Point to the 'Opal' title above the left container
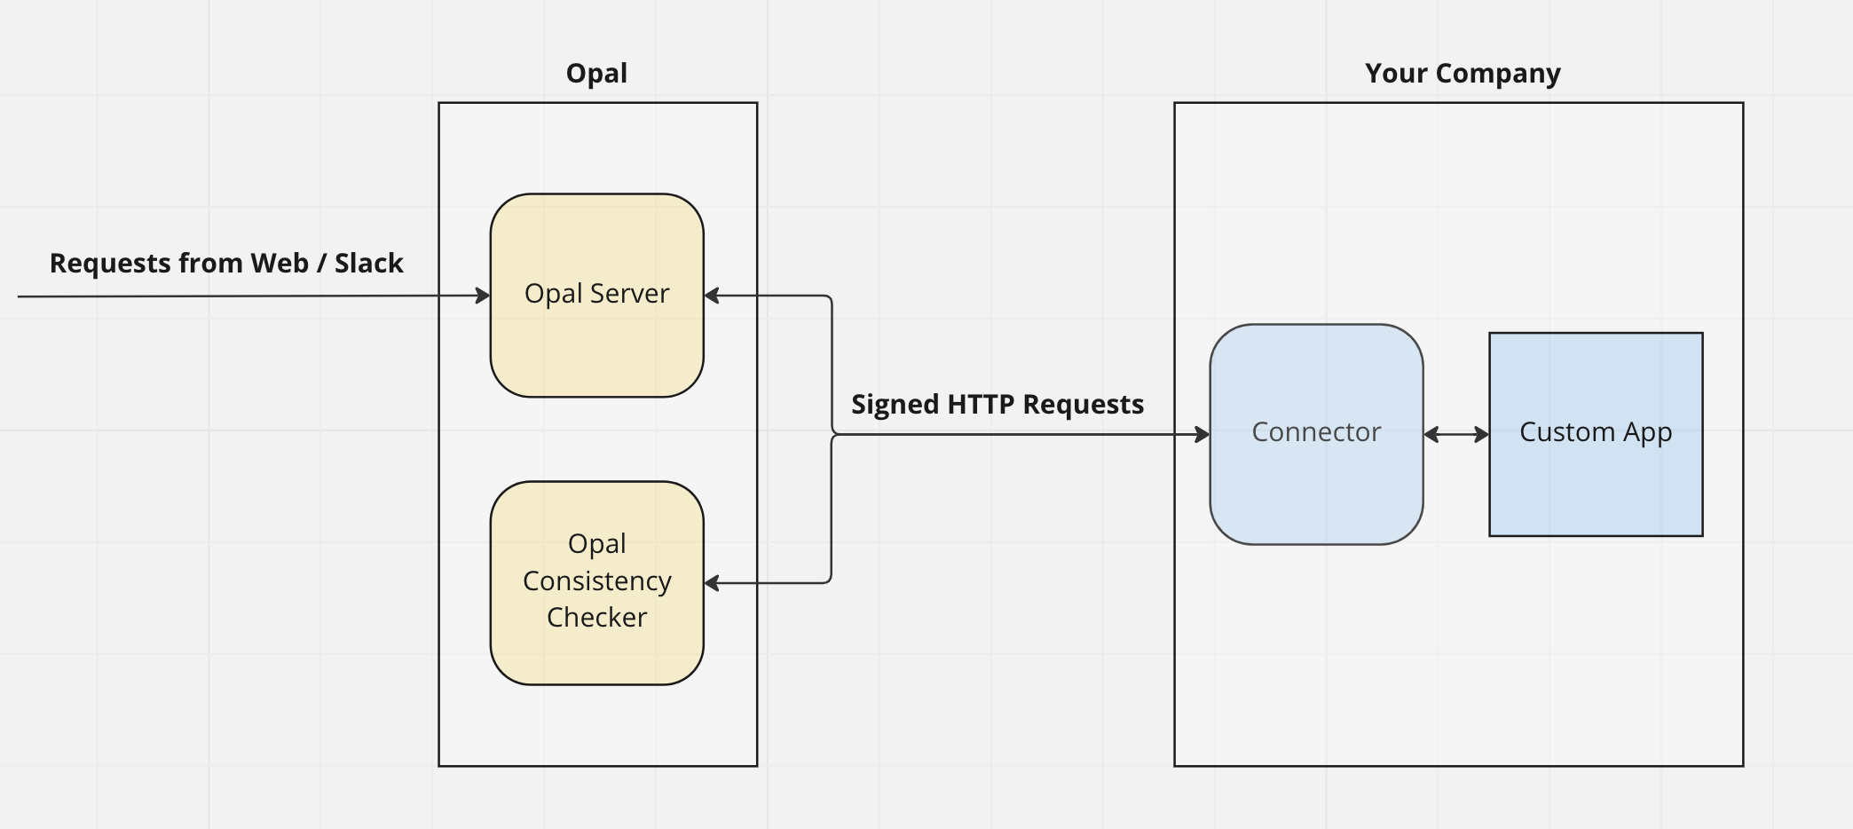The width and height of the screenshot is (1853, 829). [x=596, y=73]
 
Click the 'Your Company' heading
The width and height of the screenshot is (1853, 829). [x=1463, y=73]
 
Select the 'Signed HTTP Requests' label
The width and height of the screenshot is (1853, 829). [x=997, y=405]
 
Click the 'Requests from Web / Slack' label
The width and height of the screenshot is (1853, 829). [x=226, y=264]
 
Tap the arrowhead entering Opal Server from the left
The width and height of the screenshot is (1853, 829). [x=484, y=296]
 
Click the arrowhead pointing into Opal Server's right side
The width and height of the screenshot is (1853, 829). [x=711, y=296]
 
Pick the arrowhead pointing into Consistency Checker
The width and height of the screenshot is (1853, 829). [x=711, y=583]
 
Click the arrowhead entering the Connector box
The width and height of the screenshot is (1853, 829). [x=1202, y=434]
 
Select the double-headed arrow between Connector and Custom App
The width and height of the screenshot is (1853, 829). [x=1455, y=434]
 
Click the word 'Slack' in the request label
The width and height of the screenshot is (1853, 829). [x=368, y=264]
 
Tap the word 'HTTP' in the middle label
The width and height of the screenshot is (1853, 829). [x=982, y=405]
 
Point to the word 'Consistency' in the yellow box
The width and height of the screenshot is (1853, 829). [x=596, y=581]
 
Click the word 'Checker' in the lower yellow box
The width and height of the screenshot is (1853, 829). [x=596, y=618]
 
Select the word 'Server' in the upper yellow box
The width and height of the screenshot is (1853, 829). [x=629, y=294]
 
